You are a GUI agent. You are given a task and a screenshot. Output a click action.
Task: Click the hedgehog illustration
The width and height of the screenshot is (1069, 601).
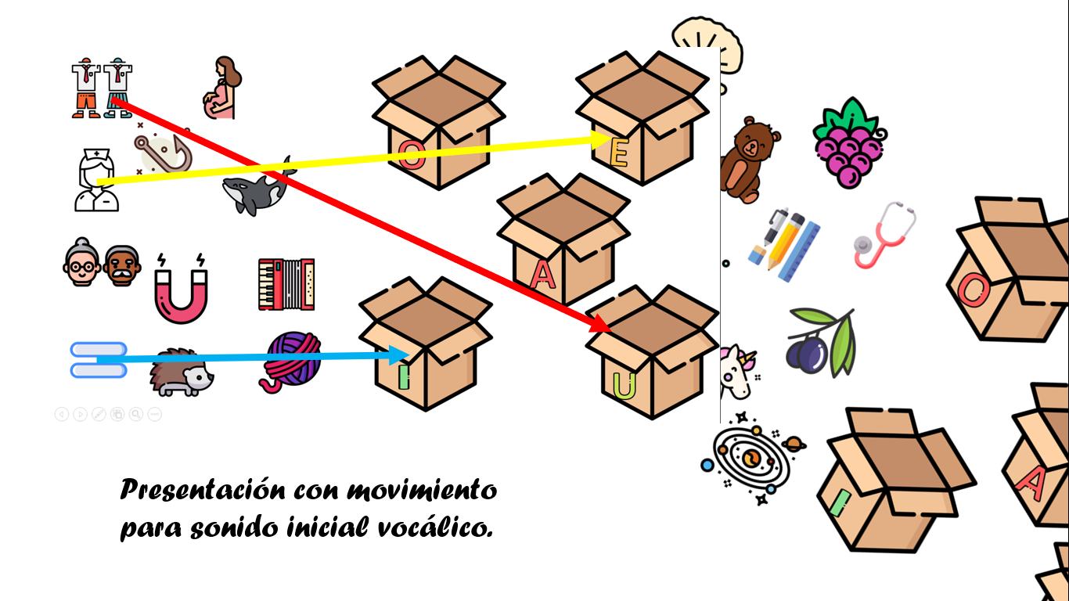(182, 374)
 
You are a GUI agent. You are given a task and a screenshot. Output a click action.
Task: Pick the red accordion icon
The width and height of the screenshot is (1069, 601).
(286, 283)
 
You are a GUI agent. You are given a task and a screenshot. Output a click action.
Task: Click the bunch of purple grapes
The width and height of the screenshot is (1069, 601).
(849, 145)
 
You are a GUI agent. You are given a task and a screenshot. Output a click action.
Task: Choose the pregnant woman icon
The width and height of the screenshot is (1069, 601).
(222, 88)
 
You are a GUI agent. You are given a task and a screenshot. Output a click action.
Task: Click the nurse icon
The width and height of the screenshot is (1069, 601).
(96, 182)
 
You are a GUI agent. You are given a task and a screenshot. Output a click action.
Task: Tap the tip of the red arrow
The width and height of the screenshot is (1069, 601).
(606, 328)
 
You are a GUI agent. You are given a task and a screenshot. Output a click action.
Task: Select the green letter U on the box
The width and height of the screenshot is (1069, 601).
(624, 387)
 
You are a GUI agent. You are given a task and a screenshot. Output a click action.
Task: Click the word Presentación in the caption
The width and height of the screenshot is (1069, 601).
(202, 491)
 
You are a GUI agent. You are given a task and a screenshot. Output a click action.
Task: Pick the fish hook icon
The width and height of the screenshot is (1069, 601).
(162, 153)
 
